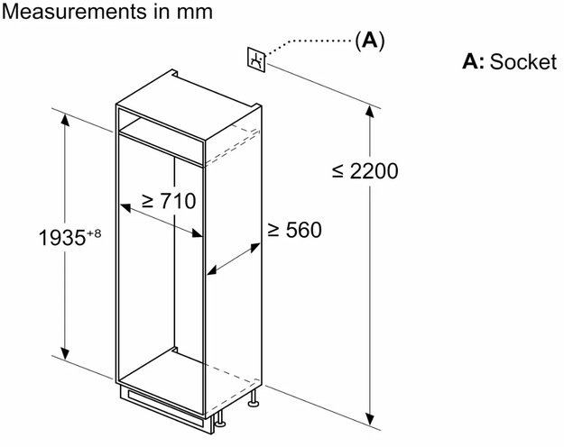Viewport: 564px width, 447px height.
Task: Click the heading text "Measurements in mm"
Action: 106,12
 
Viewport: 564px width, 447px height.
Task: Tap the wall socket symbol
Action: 256,59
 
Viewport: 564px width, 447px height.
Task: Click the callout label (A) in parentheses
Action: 370,40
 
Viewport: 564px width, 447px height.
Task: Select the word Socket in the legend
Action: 523,61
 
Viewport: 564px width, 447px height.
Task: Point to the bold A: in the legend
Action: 473,61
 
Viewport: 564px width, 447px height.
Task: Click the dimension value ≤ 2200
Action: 365,171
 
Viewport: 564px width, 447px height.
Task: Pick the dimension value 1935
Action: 62,238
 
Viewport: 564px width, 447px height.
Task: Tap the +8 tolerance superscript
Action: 94,233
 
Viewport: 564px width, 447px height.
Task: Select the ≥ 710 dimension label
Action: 169,200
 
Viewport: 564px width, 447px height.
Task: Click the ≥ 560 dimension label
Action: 294,230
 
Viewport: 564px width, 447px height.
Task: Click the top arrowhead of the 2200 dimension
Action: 369,112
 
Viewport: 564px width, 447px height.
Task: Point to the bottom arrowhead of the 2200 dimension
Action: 369,419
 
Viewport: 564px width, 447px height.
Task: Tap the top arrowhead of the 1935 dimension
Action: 65,119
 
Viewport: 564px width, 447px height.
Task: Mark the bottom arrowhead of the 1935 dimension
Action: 65,353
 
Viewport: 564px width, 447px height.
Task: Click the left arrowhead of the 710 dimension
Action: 125,207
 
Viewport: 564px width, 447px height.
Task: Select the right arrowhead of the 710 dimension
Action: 197,233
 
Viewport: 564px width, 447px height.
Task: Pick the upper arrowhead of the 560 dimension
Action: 254,247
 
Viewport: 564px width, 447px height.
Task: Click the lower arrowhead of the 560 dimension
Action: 212,270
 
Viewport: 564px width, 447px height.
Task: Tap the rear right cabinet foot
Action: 254,398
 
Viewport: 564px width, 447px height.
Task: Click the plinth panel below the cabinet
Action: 164,407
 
